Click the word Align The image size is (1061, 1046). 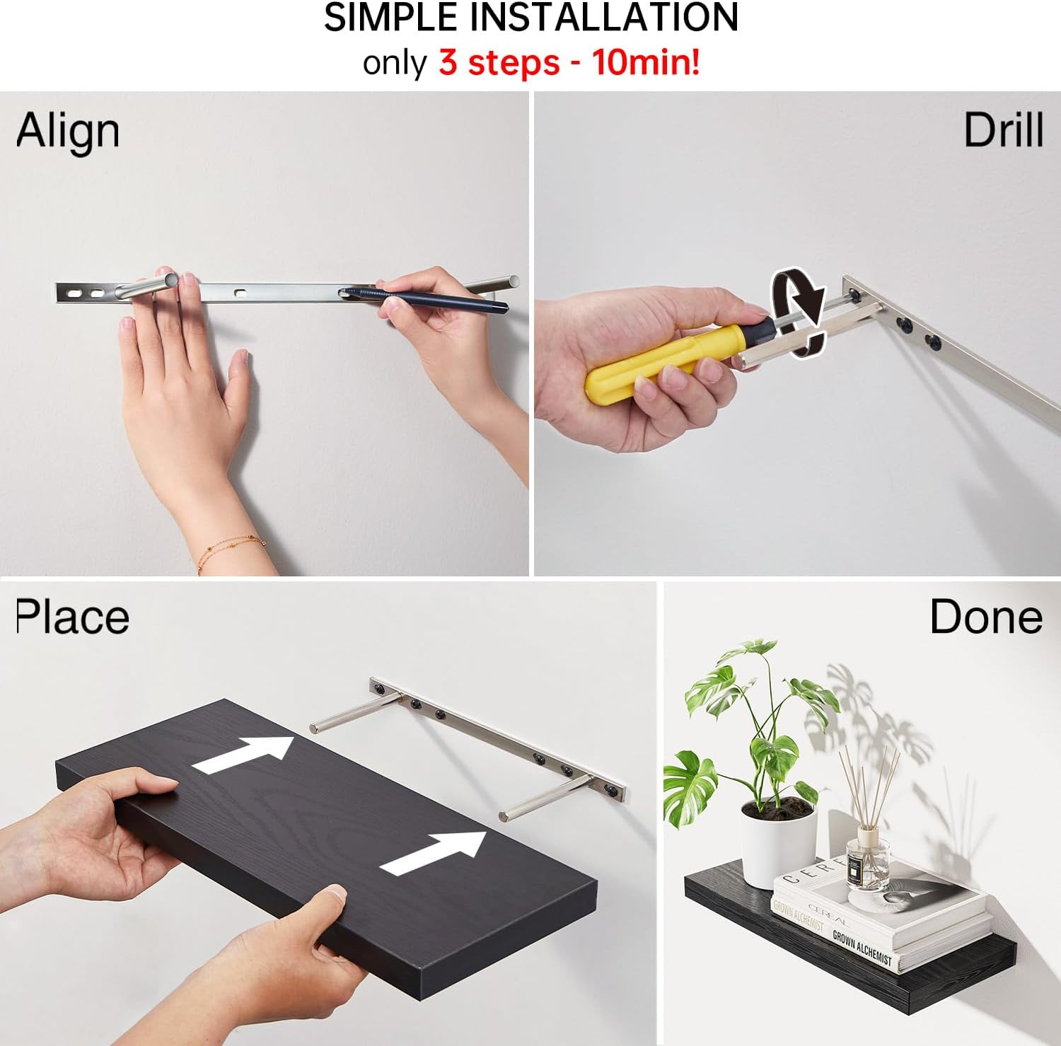pyautogui.click(x=68, y=132)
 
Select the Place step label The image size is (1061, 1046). pyautogui.click(x=71, y=617)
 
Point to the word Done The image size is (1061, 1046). pyautogui.click(x=986, y=617)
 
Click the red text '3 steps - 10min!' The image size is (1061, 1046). pyautogui.click(x=569, y=62)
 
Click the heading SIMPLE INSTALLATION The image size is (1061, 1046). pyautogui.click(x=531, y=17)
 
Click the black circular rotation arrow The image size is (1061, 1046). pyautogui.click(x=798, y=311)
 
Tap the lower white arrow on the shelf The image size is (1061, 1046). pyautogui.click(x=433, y=852)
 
